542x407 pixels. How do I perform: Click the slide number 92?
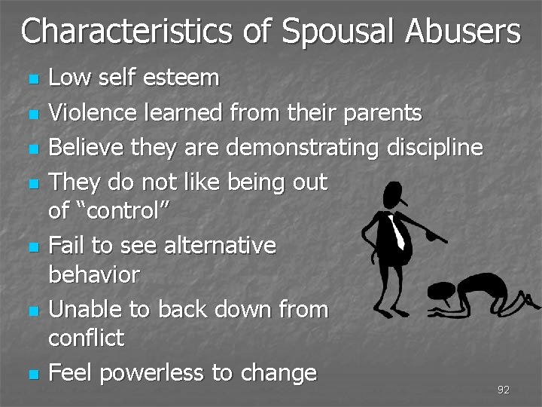pos(504,390)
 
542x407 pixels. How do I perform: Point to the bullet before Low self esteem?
pos(31,78)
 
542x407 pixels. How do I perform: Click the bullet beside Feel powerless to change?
pos(31,375)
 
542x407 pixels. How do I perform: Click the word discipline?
pos(434,148)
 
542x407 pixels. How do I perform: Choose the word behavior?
pos(93,274)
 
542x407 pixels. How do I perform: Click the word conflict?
pos(86,338)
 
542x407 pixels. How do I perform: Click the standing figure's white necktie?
pos(397,231)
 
